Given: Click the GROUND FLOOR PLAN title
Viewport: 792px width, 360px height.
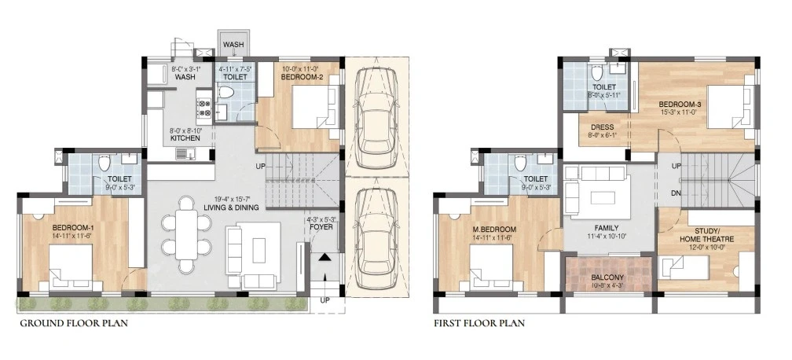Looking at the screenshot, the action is [x=74, y=323].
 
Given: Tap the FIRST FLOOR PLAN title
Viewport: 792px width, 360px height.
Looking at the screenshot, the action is [x=479, y=323].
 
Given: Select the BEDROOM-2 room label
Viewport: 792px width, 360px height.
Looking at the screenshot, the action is [x=302, y=77].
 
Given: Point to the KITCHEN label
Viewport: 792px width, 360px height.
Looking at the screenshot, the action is [x=185, y=138].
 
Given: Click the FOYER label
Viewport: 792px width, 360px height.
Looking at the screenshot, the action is [x=321, y=227].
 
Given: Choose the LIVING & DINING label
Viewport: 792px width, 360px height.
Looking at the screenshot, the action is [x=231, y=208].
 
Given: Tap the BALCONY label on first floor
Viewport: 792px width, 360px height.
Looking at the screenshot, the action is [x=607, y=277].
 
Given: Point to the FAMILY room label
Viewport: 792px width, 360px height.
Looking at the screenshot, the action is [x=607, y=228].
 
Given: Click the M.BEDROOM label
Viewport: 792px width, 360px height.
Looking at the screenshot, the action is [x=494, y=230].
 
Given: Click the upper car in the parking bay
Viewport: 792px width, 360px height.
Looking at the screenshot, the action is [x=376, y=118].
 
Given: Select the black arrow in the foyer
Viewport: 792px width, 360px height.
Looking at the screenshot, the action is [x=324, y=257].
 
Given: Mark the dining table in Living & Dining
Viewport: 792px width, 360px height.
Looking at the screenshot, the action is [x=186, y=234].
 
